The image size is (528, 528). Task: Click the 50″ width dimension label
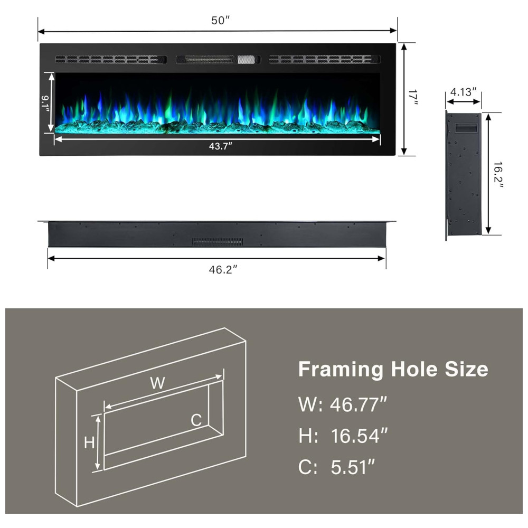pyautogui.click(x=220, y=21)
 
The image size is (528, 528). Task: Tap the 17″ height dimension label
pyautogui.click(x=413, y=97)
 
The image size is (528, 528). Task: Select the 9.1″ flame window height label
pyautogui.click(x=45, y=102)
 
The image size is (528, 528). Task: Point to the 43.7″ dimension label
pyautogui.click(x=221, y=146)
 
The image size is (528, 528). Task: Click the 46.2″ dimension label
pyautogui.click(x=223, y=270)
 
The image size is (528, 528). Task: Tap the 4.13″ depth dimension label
pyautogui.click(x=464, y=92)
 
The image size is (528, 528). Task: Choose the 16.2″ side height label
pyautogui.click(x=498, y=175)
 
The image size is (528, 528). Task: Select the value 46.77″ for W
pyautogui.click(x=359, y=404)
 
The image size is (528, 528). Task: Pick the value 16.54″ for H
pyautogui.click(x=359, y=436)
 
